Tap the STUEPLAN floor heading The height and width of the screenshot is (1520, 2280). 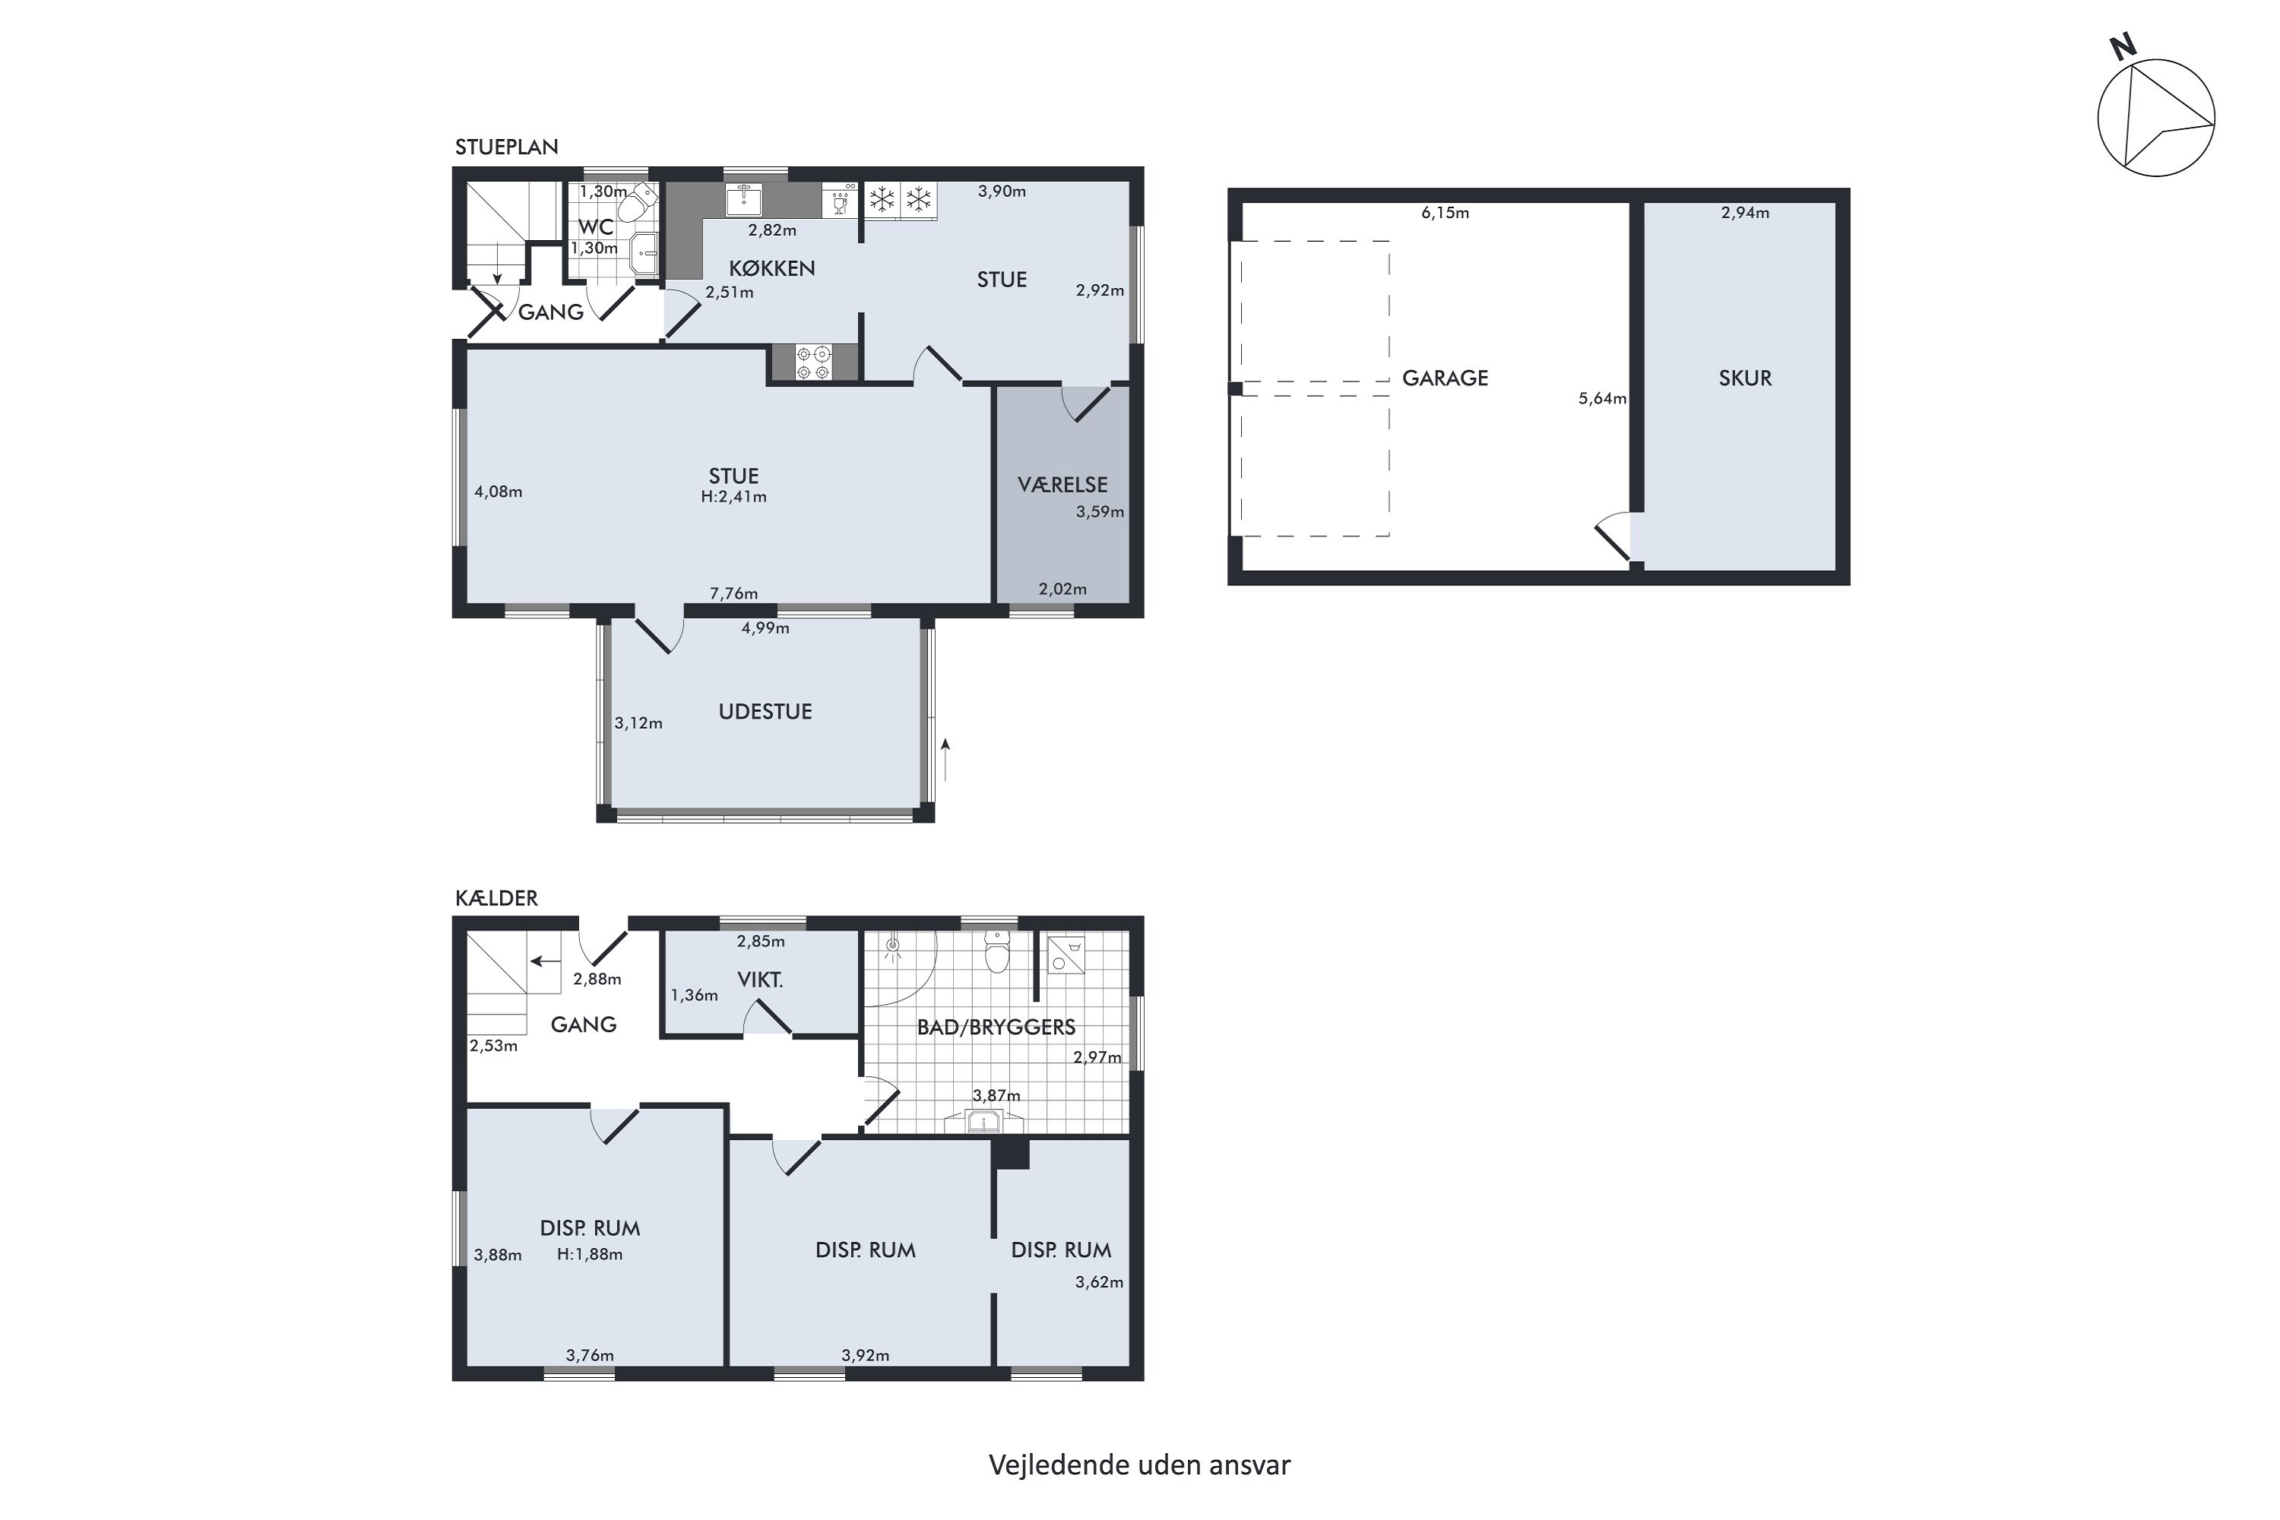(506, 147)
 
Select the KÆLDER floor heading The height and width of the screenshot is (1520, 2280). (496, 898)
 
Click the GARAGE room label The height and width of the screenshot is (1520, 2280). (1445, 378)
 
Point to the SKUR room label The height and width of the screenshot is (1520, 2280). (1745, 378)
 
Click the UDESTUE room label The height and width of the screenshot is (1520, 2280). (765, 711)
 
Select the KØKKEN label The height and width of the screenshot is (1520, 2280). (771, 268)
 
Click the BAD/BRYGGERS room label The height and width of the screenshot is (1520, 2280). (996, 1028)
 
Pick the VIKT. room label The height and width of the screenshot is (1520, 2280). (760, 980)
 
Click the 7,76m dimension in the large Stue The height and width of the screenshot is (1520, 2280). (734, 594)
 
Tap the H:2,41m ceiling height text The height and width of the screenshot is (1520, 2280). (734, 497)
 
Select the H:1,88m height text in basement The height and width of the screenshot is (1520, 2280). (590, 1255)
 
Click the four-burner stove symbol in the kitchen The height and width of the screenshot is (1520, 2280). (813, 363)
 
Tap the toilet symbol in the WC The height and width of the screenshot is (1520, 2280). (638, 204)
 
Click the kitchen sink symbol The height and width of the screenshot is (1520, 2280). (743, 200)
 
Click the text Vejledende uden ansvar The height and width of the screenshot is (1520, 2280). (1139, 1465)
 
